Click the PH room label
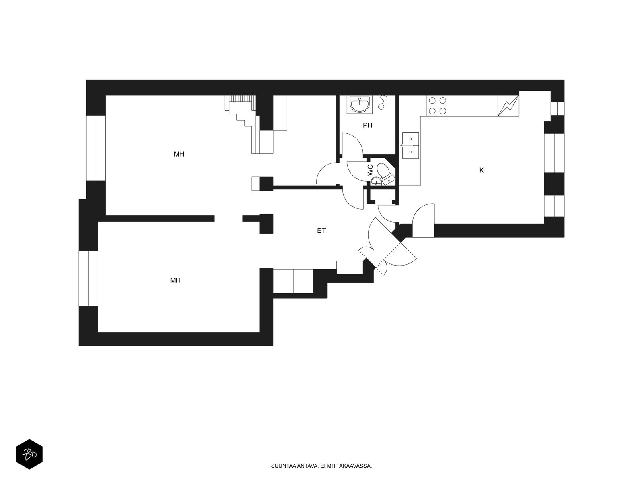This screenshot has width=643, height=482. point(367,125)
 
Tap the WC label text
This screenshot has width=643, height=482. point(370,170)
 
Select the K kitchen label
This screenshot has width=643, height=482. point(481,170)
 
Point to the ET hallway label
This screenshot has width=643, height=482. point(321,230)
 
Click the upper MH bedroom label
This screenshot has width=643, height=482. point(179,154)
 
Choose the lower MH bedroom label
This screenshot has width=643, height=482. point(175,280)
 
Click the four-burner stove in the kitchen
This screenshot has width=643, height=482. point(437,106)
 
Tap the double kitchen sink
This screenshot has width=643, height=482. point(410,145)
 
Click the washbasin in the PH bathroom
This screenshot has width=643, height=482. point(359,104)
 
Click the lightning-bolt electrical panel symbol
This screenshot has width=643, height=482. point(508,106)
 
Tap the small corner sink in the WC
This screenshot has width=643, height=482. point(375,182)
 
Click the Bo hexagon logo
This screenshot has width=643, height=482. point(29,454)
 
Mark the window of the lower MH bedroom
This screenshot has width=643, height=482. point(88,278)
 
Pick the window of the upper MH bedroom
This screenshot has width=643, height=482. point(96,148)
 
